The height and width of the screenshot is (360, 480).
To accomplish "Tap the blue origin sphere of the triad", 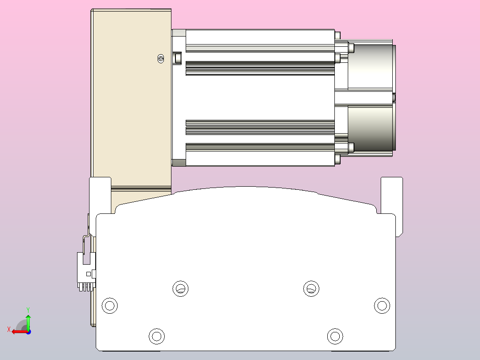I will click(28, 331).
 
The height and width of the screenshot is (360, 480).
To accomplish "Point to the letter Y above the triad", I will click(28, 309).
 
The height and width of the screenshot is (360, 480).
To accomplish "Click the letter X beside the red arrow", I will click(8, 329).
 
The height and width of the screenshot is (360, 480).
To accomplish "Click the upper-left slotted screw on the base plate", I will click(180, 288).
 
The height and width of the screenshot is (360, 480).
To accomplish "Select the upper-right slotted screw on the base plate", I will click(311, 288).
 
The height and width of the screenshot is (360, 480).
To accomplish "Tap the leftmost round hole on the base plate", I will click(109, 306).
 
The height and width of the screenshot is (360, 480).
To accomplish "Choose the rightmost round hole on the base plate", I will click(382, 306).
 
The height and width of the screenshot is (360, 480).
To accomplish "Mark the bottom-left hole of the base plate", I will click(156, 336).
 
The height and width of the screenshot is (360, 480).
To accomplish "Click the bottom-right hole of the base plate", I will click(335, 336).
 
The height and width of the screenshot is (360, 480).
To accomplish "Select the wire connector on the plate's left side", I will click(85, 272).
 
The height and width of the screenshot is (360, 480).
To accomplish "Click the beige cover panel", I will click(131, 98).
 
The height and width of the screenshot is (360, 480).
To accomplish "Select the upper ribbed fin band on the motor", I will click(260, 68).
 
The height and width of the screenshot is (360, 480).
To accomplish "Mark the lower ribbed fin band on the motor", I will click(260, 127).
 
